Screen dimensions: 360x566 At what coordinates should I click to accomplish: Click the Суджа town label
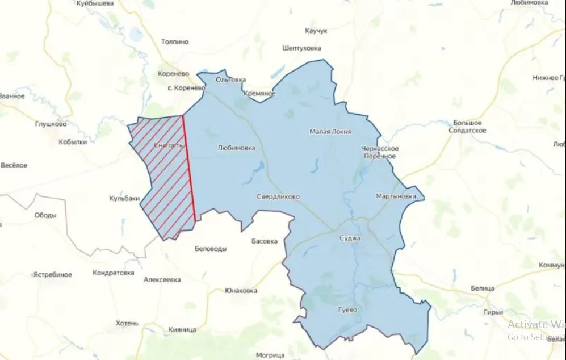pyautogui.click(x=349, y=238)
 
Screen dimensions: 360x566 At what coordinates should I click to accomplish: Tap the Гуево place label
pyautogui.click(x=347, y=310)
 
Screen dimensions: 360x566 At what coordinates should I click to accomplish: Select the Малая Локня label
pyautogui.click(x=330, y=132)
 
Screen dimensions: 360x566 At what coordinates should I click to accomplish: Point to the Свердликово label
pyautogui.click(x=278, y=197)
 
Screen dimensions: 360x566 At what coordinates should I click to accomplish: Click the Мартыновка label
pyautogui.click(x=396, y=196)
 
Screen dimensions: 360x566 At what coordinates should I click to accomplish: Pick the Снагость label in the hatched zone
pyautogui.click(x=169, y=145)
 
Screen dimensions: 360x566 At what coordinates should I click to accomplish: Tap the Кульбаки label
pyautogui.click(x=124, y=199)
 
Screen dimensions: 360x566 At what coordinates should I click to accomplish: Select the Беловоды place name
pyautogui.click(x=210, y=249)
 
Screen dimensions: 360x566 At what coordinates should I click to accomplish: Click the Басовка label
pyautogui.click(x=265, y=241)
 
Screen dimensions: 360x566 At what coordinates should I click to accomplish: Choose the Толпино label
pyautogui.click(x=175, y=42)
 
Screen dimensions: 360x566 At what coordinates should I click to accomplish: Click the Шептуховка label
pyautogui.click(x=301, y=49)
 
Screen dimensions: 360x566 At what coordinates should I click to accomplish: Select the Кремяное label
pyautogui.click(x=259, y=93)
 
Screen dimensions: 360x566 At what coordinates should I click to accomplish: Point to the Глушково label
pyautogui.click(x=51, y=124)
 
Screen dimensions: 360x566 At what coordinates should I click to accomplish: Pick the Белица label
pyautogui.click(x=483, y=288)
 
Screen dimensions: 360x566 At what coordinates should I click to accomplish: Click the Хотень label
pyautogui.click(x=127, y=323)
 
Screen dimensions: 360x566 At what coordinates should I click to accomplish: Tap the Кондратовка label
pyautogui.click(x=114, y=273)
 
